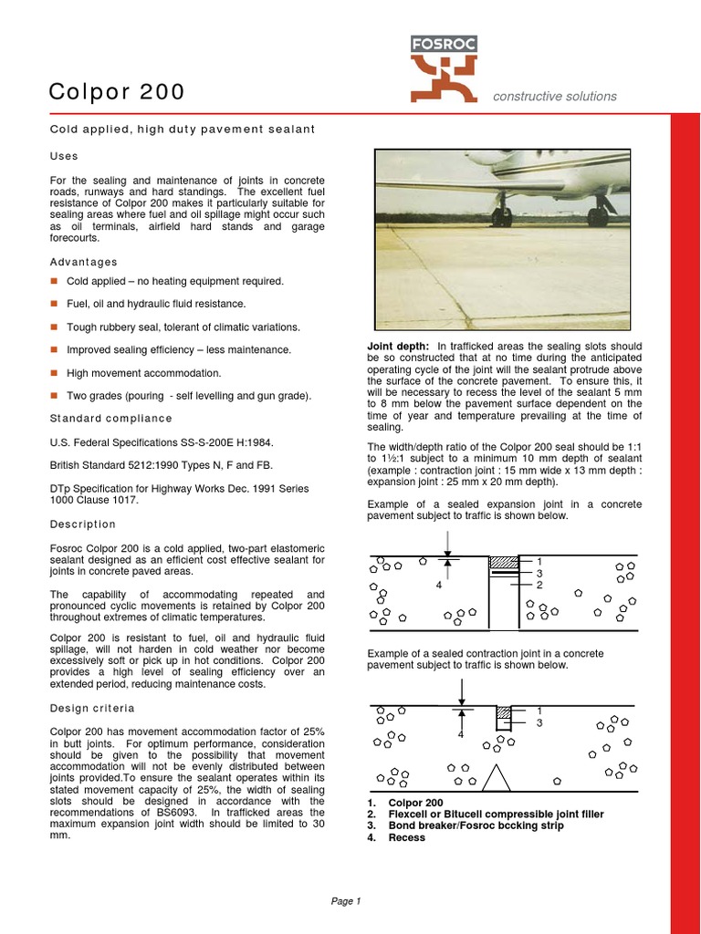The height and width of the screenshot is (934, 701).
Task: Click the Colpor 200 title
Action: pyautogui.click(x=116, y=91)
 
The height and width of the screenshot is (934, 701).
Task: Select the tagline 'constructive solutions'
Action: pyautogui.click(x=554, y=97)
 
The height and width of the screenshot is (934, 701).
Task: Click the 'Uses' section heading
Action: pyautogui.click(x=64, y=156)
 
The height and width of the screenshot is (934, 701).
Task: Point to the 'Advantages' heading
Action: pyautogui.click(x=83, y=263)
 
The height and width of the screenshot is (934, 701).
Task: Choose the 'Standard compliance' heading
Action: pyautogui.click(x=110, y=419)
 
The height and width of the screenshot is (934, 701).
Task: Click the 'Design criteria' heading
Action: pyautogui.click(x=92, y=708)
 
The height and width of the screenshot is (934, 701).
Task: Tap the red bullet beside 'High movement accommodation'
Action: pyautogui.click(x=55, y=373)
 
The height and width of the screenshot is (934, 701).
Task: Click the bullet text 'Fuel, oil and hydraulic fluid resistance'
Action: pyautogui.click(x=155, y=304)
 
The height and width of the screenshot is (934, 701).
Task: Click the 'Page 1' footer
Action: pyautogui.click(x=346, y=902)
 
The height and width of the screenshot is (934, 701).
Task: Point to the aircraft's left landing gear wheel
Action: pyautogui.click(x=501, y=217)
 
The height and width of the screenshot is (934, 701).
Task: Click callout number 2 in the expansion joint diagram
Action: pyautogui.click(x=539, y=585)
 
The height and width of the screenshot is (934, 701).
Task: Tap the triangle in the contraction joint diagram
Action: pyautogui.click(x=496, y=777)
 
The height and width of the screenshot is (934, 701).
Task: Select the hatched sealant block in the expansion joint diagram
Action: pyautogui.click(x=503, y=564)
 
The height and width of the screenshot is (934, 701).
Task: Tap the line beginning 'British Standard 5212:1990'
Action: pyautogui.click(x=161, y=465)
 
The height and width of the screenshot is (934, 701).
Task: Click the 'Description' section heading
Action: pyautogui.click(x=83, y=524)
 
